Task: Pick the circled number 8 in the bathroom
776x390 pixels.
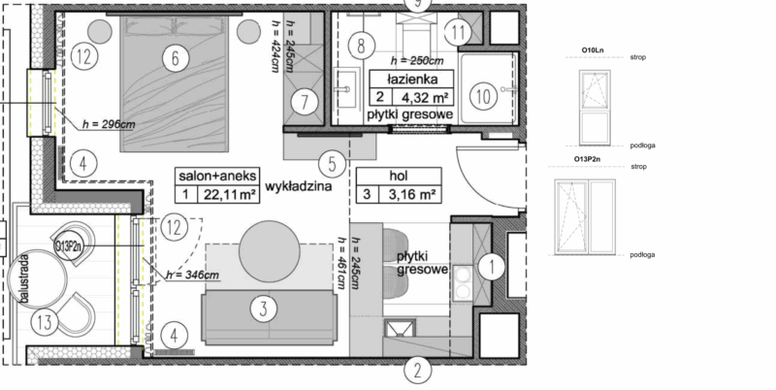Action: (361, 45)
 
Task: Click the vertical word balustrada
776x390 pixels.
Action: (21, 281)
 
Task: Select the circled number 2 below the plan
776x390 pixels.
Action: (417, 369)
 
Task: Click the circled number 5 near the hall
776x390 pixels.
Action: (331, 164)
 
